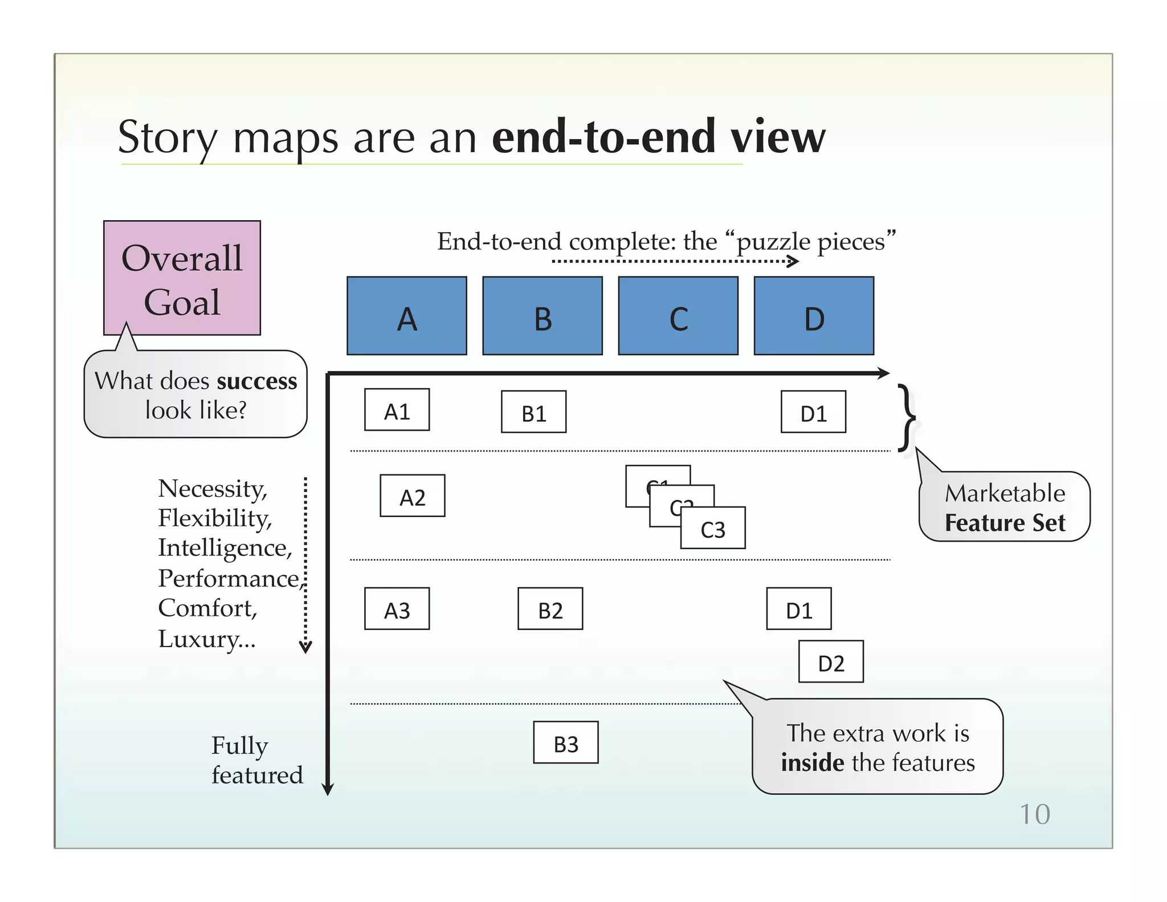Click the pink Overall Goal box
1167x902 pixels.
pyautogui.click(x=182, y=278)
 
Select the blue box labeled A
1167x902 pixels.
pyautogui.click(x=407, y=316)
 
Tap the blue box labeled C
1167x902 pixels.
pyautogui.click(x=678, y=316)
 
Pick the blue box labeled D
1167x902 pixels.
pyautogui.click(x=814, y=316)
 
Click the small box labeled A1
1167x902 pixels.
pyautogui.click(x=397, y=410)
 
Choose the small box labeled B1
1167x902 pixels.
pyautogui.click(x=533, y=412)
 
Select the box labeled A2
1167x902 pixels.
pyautogui.click(x=412, y=496)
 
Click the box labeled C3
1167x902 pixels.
pyautogui.click(x=713, y=529)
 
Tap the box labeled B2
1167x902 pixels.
pyautogui.click(x=550, y=609)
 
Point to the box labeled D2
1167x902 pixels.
pyautogui.click(x=831, y=661)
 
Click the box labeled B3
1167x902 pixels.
pyautogui.click(x=565, y=742)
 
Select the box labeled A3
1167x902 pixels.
pyautogui.click(x=397, y=609)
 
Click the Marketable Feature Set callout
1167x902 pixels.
pyautogui.click(x=1004, y=507)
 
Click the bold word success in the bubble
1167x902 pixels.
pyautogui.click(x=257, y=381)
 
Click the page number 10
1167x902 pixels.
pyautogui.click(x=1034, y=814)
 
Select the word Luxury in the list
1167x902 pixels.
pyautogui.click(x=198, y=639)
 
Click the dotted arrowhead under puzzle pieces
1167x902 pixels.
pyautogui.click(x=793, y=262)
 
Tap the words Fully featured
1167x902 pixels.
pyautogui.click(x=256, y=760)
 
